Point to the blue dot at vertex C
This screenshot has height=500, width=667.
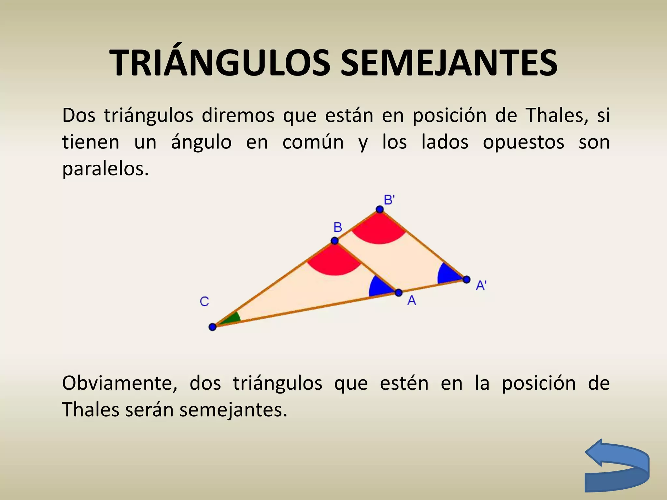(212, 326)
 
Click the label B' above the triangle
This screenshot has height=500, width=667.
(389, 200)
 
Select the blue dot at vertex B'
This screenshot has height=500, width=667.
(380, 209)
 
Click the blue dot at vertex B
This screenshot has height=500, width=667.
(334, 241)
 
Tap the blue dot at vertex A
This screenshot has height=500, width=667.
(399, 293)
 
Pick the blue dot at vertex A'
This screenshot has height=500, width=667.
(466, 279)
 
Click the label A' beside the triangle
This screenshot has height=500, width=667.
(481, 285)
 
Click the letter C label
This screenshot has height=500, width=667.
(204, 301)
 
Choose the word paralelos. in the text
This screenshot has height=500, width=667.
(106, 169)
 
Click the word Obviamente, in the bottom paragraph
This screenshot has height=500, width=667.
(120, 383)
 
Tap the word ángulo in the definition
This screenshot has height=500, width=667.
(201, 142)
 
